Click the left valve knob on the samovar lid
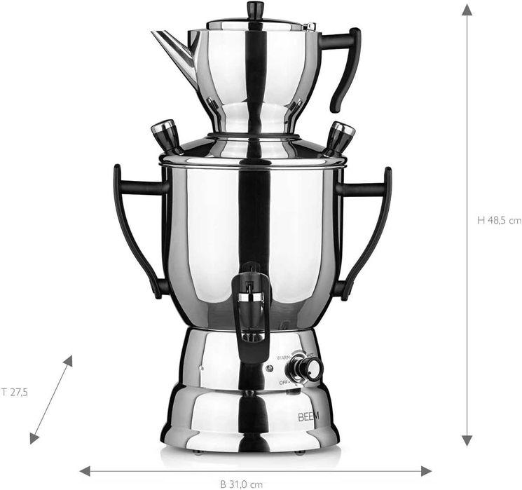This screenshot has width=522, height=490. point(163,132)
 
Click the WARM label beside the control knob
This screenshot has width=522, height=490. point(283,358)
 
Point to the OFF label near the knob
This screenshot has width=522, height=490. point(284,382)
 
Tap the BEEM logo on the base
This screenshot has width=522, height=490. point(308,416)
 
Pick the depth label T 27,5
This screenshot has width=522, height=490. point(14,393)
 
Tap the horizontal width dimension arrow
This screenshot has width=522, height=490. point(255,471)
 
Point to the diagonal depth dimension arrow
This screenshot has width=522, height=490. point(51,399)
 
